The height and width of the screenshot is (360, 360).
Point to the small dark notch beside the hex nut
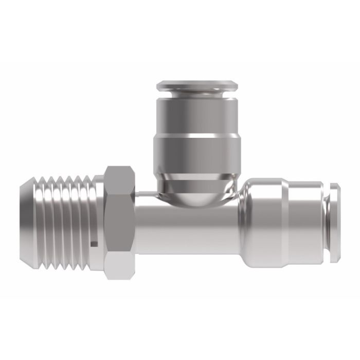[x=94, y=242]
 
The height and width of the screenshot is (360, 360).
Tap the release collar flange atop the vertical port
[x=197, y=85]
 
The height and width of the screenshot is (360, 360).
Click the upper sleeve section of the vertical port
[x=197, y=116]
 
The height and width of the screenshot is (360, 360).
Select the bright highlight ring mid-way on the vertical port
[x=197, y=136]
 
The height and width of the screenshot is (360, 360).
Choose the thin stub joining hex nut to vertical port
[x=145, y=194]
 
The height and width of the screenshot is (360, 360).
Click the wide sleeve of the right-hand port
[x=265, y=222]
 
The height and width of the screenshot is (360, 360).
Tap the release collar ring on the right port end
[x=335, y=222]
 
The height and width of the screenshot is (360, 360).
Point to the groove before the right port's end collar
[x=327, y=222]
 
